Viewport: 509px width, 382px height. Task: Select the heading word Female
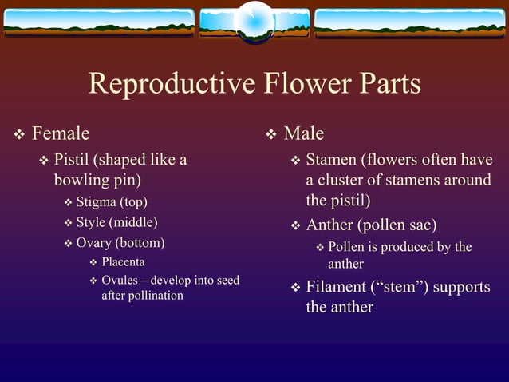(61, 133)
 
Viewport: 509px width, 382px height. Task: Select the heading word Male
(304, 133)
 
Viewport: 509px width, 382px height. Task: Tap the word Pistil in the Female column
(73, 160)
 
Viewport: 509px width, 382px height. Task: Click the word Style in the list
(91, 222)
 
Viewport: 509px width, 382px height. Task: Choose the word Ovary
(94, 242)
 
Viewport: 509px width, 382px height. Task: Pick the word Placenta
(123, 262)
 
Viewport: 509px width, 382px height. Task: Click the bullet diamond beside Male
(270, 133)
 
